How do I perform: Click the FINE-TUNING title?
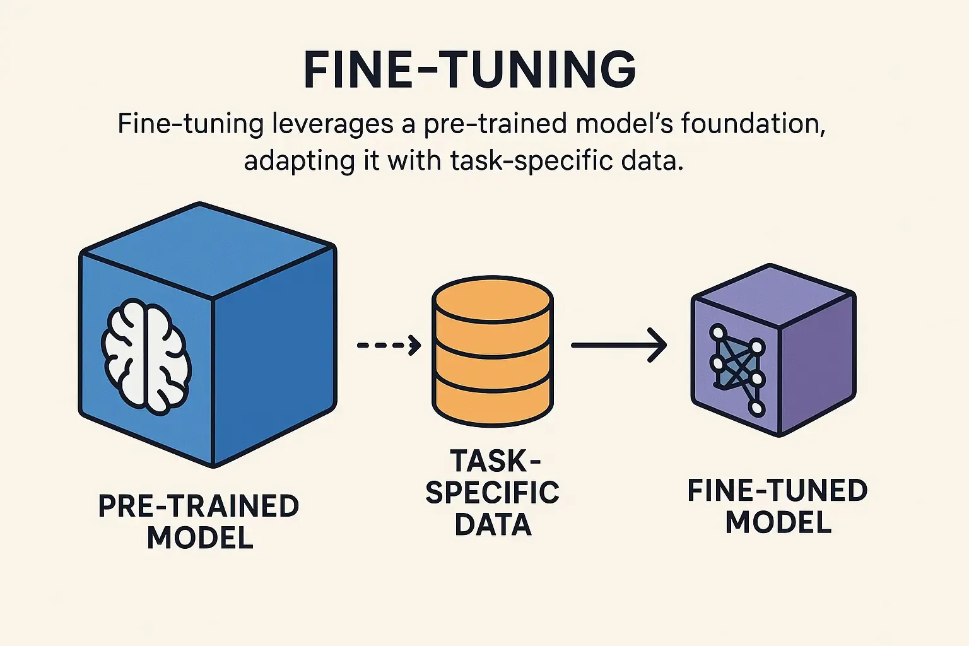pyautogui.click(x=469, y=69)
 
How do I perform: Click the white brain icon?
pyautogui.click(x=146, y=357)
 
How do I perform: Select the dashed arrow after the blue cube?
pyautogui.click(x=389, y=345)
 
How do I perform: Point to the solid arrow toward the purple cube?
pyautogui.click(x=618, y=345)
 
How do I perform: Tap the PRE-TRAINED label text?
pyautogui.click(x=199, y=506)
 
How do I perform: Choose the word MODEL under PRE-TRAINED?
pyautogui.click(x=200, y=537)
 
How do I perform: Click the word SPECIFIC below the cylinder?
pyautogui.click(x=492, y=493)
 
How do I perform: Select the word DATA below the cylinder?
pyautogui.click(x=493, y=524)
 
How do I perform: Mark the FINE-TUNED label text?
pyautogui.click(x=777, y=491)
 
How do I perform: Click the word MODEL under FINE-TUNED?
pyautogui.click(x=778, y=522)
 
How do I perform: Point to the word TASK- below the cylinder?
pyautogui.click(x=495, y=461)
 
